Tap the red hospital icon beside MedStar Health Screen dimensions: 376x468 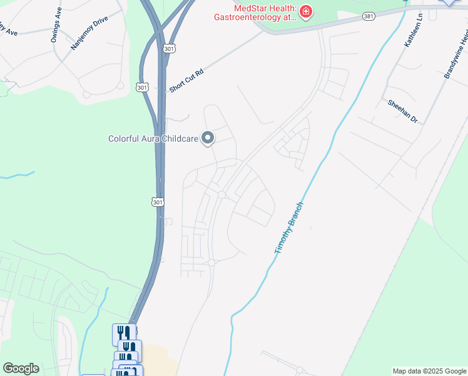pyautogui.click(x=305, y=12)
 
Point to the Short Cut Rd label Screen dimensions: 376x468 pyautogui.click(x=186, y=81)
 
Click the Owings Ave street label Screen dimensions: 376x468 pyautogui.click(x=56, y=25)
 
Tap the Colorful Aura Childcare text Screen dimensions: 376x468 pyautogui.click(x=153, y=138)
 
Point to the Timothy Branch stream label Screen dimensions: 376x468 pyautogui.click(x=289, y=227)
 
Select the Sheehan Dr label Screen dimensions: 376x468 pyautogui.click(x=402, y=111)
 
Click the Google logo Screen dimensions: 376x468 pyautogui.click(x=21, y=368)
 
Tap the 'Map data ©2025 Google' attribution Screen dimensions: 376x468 pyautogui.click(x=430, y=371)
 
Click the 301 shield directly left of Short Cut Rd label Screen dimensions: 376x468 pyautogui.click(x=142, y=88)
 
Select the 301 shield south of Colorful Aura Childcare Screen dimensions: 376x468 pyautogui.click(x=158, y=202)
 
